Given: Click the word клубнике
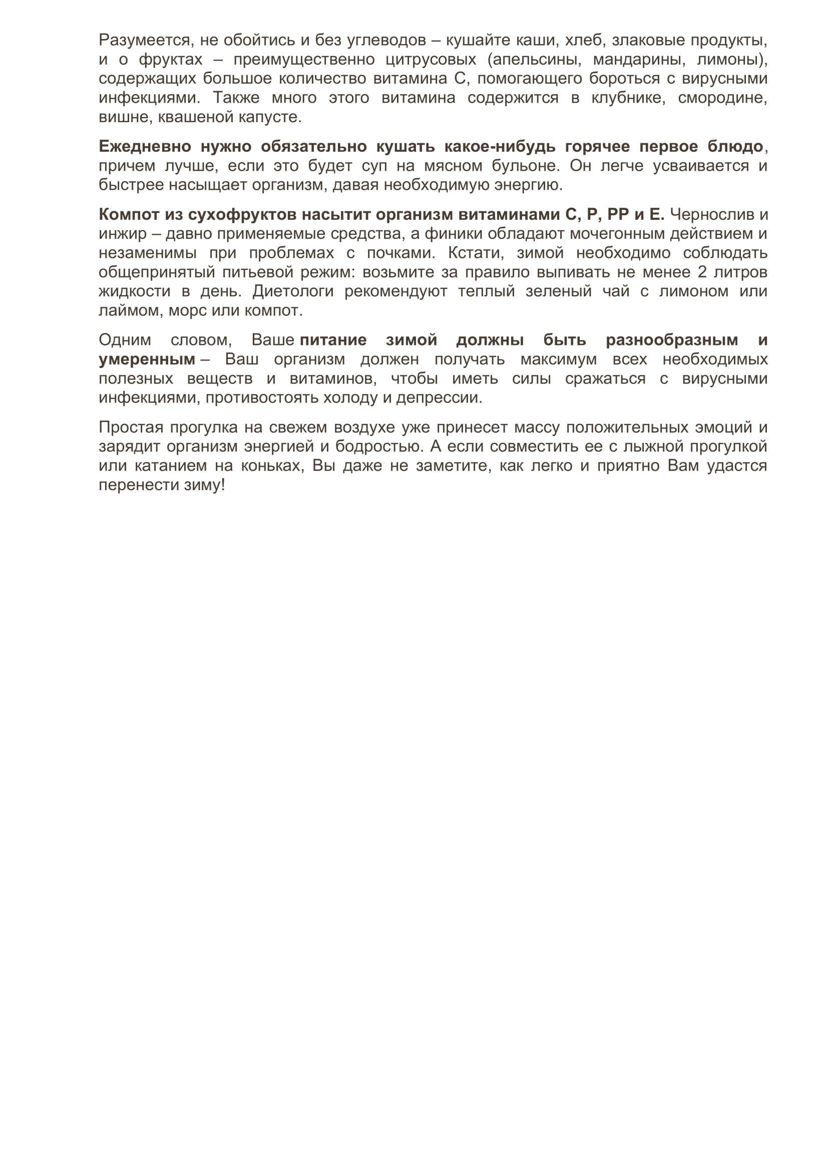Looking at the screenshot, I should click(x=628, y=98).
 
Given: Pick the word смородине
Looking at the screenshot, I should click(x=722, y=98).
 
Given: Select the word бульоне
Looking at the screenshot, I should click(x=524, y=166).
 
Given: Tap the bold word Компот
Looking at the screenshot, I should click(x=129, y=215).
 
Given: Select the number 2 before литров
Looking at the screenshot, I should click(x=702, y=272).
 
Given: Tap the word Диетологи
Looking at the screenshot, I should click(x=293, y=292).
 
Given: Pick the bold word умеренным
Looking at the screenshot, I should click(x=147, y=359).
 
